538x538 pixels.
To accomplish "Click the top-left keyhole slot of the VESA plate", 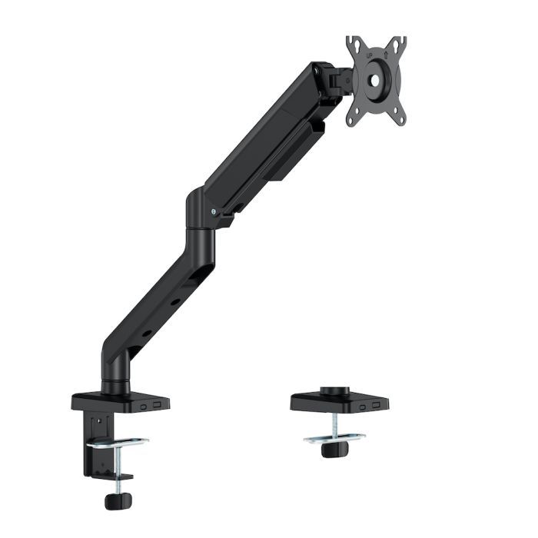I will tap(355, 47).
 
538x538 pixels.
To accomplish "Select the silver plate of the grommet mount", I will tap(334, 438).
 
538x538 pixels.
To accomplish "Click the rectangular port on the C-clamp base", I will tap(157, 403).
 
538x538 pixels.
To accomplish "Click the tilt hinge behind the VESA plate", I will tap(335, 80).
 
